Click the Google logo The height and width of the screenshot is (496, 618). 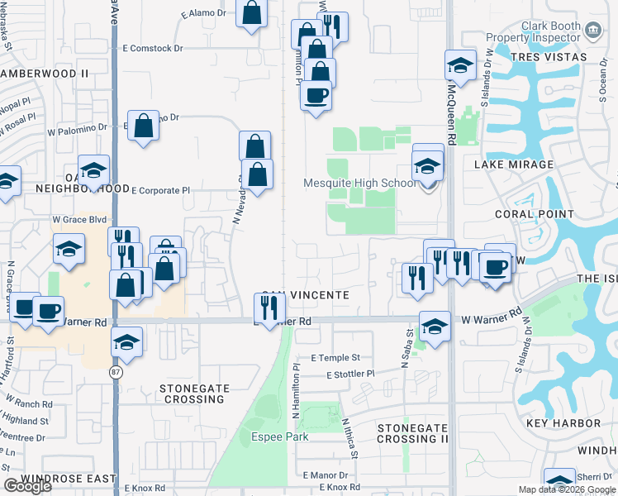tap(27, 486)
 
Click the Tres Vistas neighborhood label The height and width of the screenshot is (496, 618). tap(549, 57)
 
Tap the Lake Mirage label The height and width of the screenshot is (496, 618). tap(514, 165)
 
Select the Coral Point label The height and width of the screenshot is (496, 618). tap(534, 214)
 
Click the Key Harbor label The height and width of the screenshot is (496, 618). tap(565, 423)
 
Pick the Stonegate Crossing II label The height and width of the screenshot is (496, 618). tap(412, 433)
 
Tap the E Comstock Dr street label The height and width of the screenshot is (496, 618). tap(151, 49)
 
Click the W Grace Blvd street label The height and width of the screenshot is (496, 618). tap(80, 220)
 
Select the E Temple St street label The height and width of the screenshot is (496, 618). tap(335, 358)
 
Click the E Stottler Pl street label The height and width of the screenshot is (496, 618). tap(350, 374)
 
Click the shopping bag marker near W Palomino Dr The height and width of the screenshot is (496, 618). tap(144, 126)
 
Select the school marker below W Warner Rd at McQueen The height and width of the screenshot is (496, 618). tap(435, 326)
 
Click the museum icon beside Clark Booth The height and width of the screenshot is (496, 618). tap(592, 31)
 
